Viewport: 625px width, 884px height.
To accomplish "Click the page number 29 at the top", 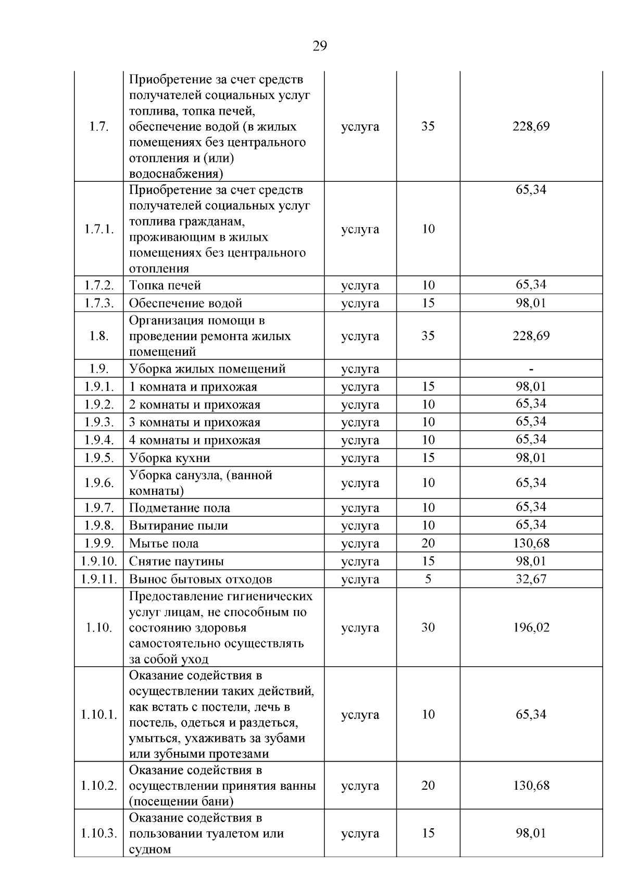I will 320,46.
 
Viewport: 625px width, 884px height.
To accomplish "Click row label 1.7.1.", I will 98,229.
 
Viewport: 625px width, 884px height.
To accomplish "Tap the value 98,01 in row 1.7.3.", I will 531,303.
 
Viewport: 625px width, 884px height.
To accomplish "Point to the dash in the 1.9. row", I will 531,369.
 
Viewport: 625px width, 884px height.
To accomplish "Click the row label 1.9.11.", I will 98,579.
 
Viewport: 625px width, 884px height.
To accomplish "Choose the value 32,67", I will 531,579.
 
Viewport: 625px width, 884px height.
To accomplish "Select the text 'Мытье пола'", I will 164,544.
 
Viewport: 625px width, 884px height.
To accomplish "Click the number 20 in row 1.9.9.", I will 428,543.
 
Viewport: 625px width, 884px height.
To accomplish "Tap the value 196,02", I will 531,627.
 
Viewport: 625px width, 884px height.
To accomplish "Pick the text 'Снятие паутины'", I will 176,562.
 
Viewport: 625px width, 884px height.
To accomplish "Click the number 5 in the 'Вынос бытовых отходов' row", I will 428,579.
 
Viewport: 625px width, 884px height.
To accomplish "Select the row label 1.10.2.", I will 98,786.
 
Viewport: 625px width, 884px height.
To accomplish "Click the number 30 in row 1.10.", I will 428,627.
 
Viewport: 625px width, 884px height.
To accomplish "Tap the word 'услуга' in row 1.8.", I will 360,336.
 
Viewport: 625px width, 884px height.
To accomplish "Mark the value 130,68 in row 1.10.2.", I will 531,786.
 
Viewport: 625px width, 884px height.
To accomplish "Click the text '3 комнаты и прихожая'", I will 194,422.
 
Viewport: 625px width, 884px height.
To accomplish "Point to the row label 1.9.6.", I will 98,483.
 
